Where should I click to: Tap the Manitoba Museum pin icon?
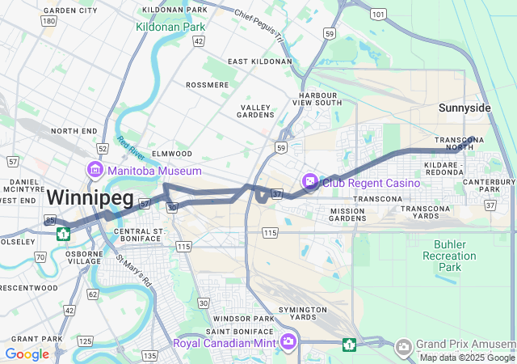click(95, 171)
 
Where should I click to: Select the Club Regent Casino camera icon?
click(309, 183)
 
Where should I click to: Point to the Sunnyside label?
click(464, 108)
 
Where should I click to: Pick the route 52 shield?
click(102, 149)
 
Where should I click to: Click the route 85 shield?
click(50, 220)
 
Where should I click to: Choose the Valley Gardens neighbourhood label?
click(257, 111)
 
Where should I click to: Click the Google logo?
click(27, 353)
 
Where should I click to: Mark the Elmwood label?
click(171, 154)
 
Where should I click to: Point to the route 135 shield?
click(149, 356)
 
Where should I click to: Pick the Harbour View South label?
click(317, 99)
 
